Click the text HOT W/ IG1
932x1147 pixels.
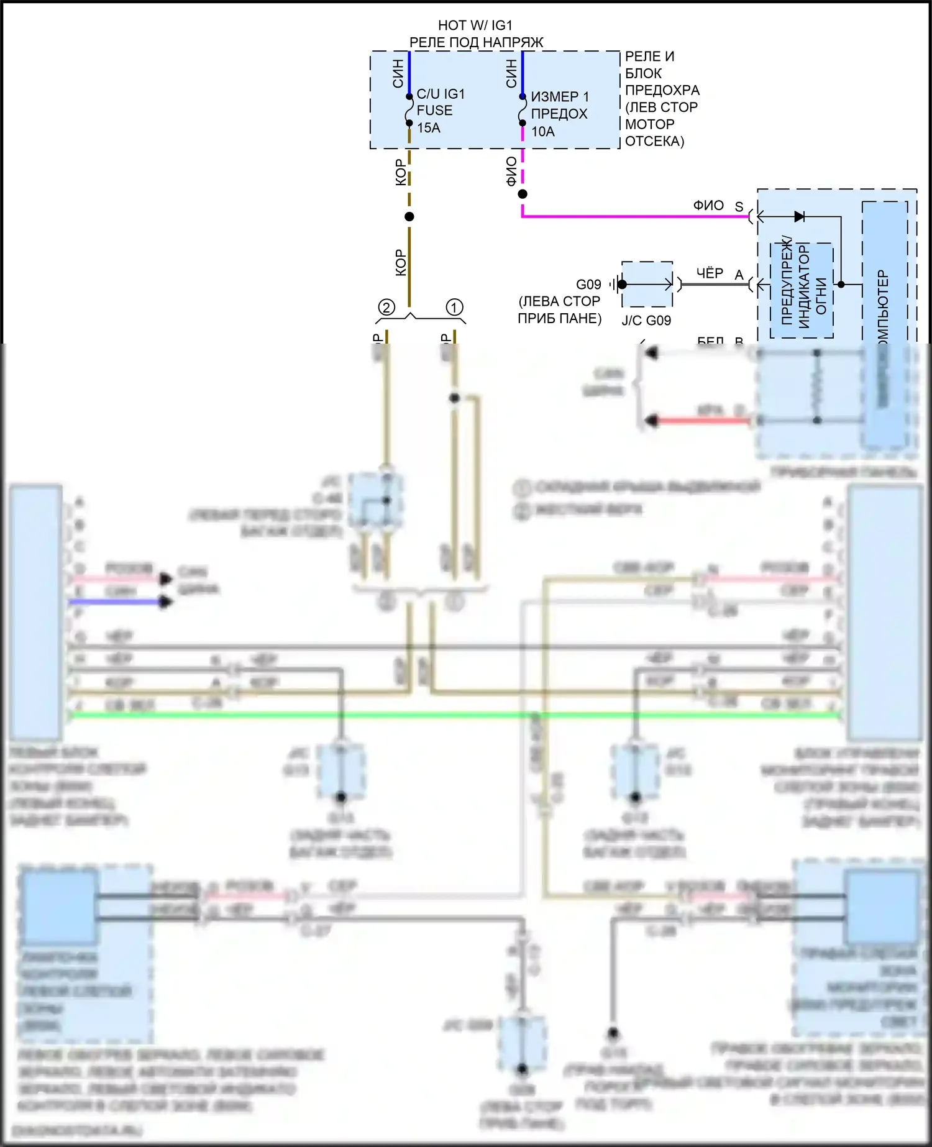point(475,25)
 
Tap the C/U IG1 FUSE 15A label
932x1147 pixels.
point(440,111)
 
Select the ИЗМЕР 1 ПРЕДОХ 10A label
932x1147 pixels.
point(559,114)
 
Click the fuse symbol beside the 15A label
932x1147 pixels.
point(409,111)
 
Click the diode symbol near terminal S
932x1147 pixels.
point(799,216)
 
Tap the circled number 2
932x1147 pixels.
point(386,308)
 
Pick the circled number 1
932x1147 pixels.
point(454,308)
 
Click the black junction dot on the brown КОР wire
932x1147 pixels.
point(409,217)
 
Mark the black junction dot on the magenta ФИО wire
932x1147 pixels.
point(523,194)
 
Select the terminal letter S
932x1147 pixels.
point(739,207)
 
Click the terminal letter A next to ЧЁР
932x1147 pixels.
point(739,275)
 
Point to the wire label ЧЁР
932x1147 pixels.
point(710,273)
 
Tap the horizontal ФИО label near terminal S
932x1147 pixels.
point(708,205)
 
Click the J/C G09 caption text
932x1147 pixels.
point(646,321)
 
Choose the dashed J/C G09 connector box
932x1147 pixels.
point(647,285)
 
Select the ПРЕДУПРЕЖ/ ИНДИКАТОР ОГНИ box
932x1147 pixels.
point(802,290)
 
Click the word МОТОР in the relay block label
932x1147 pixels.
point(649,124)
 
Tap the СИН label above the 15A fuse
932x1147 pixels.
point(398,73)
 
